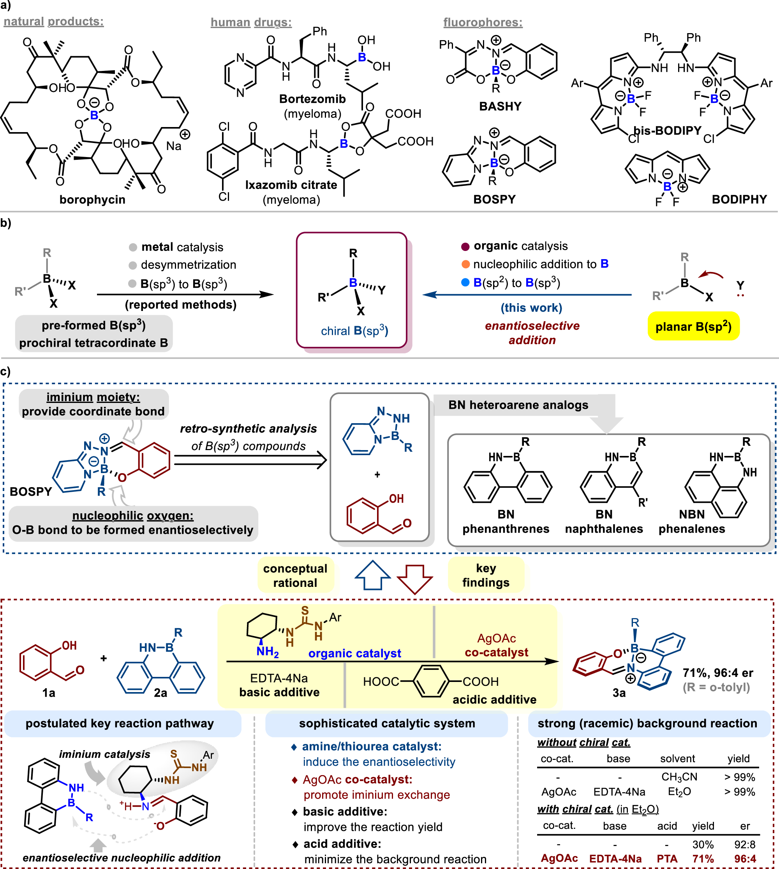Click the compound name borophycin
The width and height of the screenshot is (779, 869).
tap(92, 200)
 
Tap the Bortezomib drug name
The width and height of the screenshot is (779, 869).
tap(312, 99)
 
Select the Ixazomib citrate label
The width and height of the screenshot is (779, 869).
tap(291, 185)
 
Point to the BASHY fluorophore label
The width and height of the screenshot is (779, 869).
tap(500, 106)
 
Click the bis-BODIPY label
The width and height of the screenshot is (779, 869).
tap(667, 130)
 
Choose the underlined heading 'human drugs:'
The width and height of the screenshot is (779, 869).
tap(251, 22)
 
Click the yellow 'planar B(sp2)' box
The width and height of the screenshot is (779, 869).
tap(693, 326)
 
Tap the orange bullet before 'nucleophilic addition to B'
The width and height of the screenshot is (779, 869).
tap(465, 264)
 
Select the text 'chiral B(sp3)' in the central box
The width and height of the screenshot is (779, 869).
tap(354, 331)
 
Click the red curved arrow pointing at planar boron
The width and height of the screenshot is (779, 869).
tap(711, 274)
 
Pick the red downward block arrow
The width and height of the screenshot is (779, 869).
tap(414, 579)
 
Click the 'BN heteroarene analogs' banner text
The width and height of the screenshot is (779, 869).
tap(518, 405)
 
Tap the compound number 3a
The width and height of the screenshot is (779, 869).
tap(619, 692)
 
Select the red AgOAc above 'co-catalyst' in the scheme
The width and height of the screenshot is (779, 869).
tap(497, 638)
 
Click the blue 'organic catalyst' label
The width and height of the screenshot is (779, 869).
tap(354, 653)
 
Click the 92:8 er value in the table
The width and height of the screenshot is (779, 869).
tap(745, 844)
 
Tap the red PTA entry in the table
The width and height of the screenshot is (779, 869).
tap(667, 859)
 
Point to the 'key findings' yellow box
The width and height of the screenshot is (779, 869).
tap(486, 575)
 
